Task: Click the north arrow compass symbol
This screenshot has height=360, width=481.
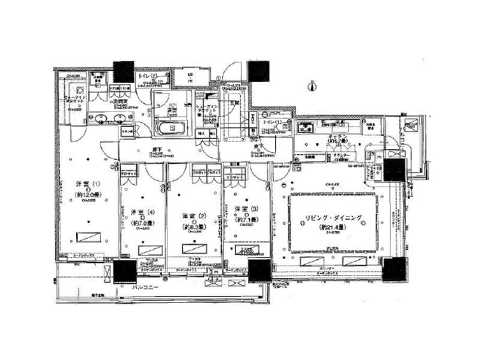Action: pos(311,86)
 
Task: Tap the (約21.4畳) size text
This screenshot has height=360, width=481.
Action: pos(334,228)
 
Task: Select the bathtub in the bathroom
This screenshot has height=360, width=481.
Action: pos(171,128)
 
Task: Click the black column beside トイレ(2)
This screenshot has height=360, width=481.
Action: pos(124,71)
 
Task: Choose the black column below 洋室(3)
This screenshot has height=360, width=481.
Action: pos(259,271)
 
